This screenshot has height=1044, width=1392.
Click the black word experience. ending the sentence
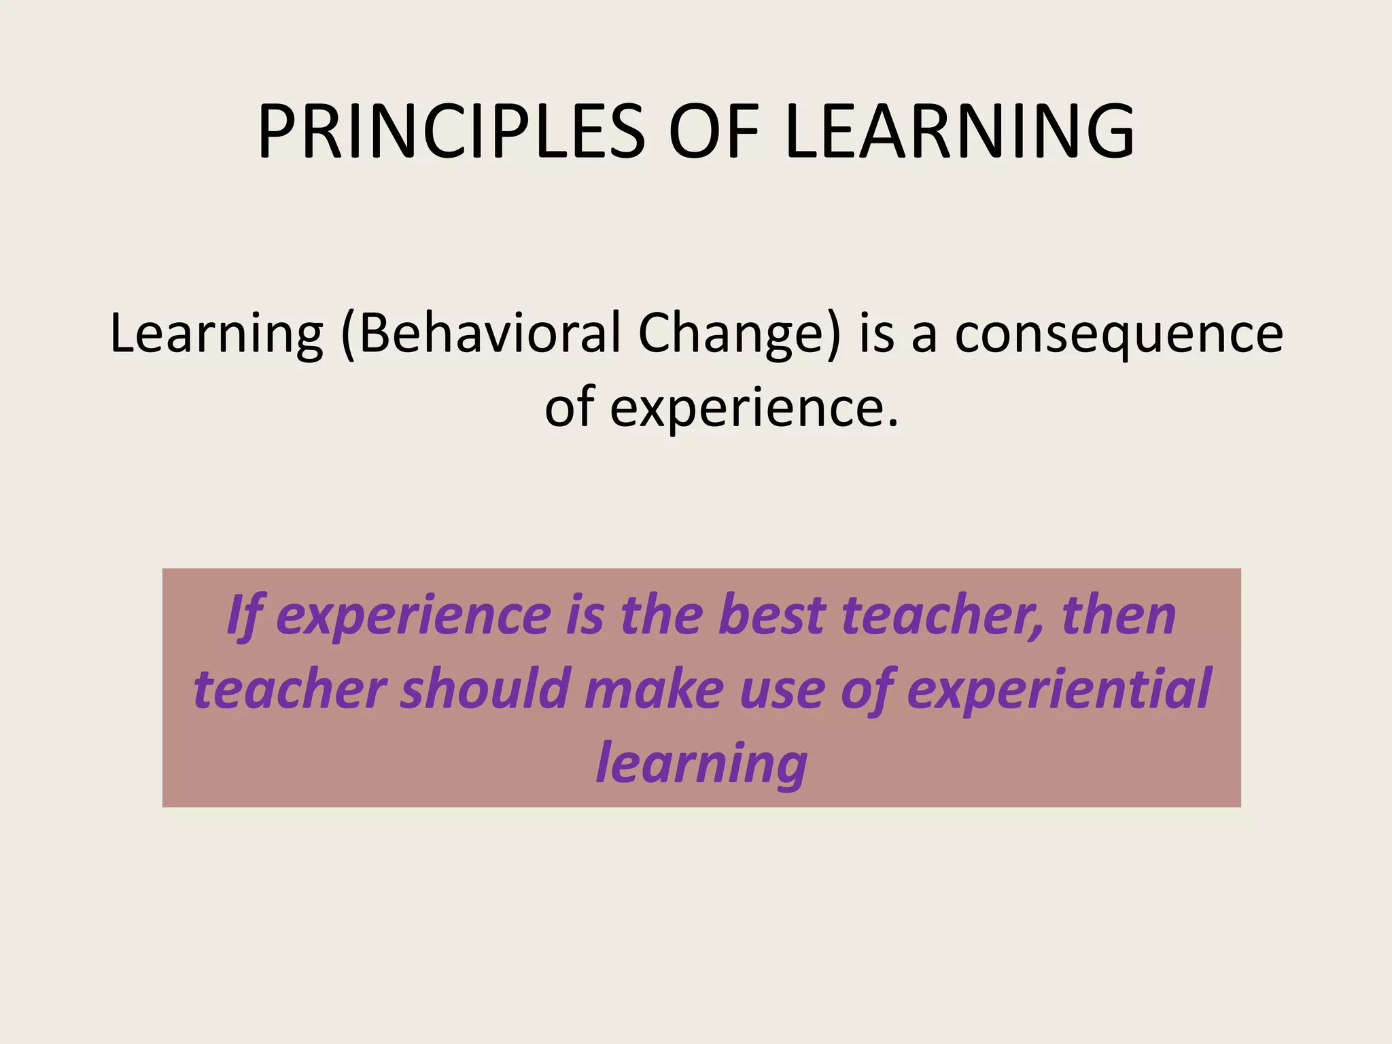(x=754, y=408)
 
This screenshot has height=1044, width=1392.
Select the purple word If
(x=243, y=616)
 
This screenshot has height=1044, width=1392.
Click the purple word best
(x=771, y=614)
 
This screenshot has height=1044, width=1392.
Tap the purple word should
(x=484, y=689)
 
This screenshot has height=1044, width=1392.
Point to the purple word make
(x=655, y=689)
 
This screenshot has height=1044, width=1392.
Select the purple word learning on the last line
(x=701, y=763)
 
